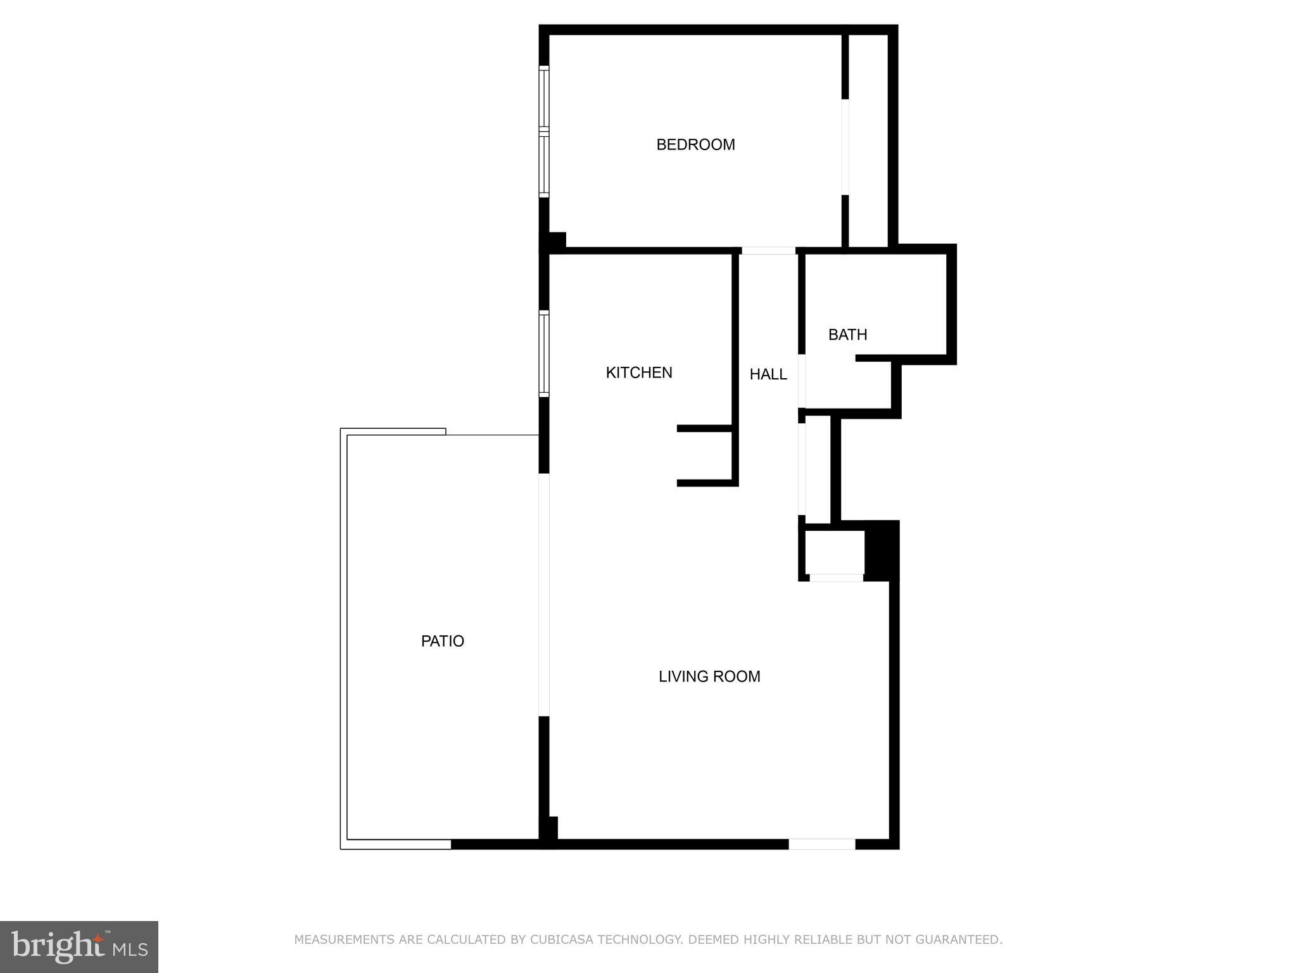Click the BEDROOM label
pyautogui.click(x=695, y=145)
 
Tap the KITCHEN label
pyautogui.click(x=639, y=372)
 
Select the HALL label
pyautogui.click(x=768, y=374)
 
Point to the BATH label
pyautogui.click(x=847, y=334)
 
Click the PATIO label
pyautogui.click(x=443, y=641)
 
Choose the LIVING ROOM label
pyautogui.click(x=709, y=677)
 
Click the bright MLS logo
pyautogui.click(x=79, y=946)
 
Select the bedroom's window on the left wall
pyautogui.click(x=544, y=131)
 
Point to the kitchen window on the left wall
pyautogui.click(x=544, y=353)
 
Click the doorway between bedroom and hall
pyautogui.click(x=768, y=251)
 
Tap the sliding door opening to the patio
pyautogui.click(x=543, y=595)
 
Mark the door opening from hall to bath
pyautogui.click(x=802, y=381)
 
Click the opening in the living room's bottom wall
pyautogui.click(x=821, y=844)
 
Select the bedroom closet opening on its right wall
pyautogui.click(x=845, y=147)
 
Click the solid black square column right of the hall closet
pyautogui.click(x=882, y=549)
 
